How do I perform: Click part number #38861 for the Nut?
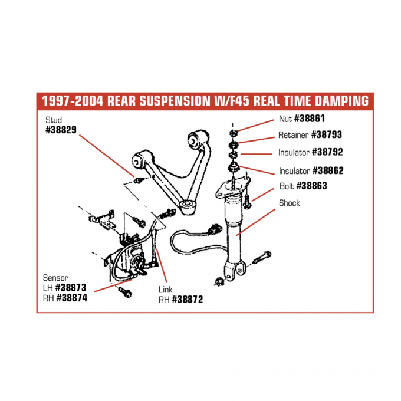309,118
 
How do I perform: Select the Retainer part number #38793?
326,134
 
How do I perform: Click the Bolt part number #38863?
311,185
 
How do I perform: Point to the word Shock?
289,203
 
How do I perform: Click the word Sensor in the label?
55,277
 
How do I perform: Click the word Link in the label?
166,290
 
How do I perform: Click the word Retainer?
293,134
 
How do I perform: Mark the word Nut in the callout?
285,118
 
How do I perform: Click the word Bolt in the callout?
287,185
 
